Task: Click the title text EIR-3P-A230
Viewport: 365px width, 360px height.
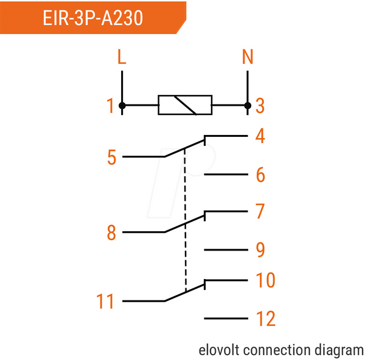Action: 92,18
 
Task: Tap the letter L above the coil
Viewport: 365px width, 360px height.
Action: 122,57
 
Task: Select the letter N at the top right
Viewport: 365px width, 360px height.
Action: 248,57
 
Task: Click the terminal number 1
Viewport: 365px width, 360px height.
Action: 110,106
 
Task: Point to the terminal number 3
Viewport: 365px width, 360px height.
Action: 260,106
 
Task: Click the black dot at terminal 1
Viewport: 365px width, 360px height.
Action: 122,106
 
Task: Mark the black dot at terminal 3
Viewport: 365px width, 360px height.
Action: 248,106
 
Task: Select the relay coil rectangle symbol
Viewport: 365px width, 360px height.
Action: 185,105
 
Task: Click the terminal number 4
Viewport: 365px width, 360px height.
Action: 260,136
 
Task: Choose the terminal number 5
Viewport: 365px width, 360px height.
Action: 112,157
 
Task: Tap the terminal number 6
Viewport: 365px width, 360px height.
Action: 260,175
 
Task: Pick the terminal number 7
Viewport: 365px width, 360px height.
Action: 260,211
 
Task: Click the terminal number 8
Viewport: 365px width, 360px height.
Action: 111,232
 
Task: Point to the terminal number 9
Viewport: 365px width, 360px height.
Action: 260,250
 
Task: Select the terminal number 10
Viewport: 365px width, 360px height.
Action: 266,280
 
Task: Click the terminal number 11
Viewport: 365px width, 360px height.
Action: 105,301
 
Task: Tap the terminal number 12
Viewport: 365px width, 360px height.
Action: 266,319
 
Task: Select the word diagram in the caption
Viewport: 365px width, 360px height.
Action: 339,351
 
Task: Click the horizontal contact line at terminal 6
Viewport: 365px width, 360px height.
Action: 226,174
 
